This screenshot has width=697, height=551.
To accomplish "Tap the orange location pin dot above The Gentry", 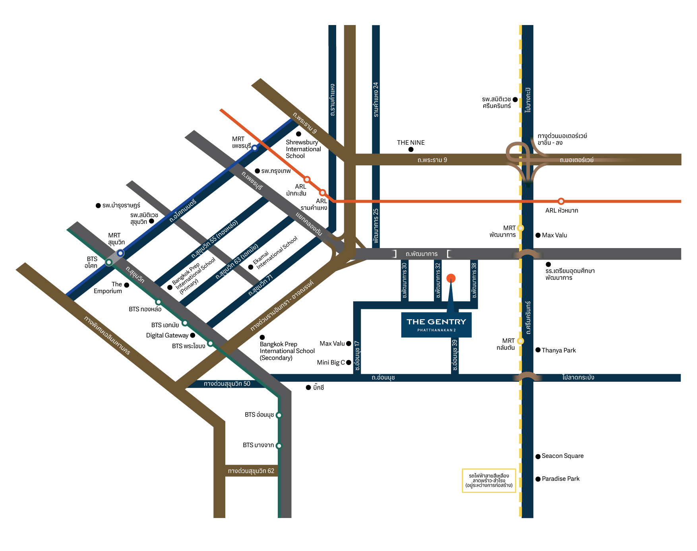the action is tap(451, 278).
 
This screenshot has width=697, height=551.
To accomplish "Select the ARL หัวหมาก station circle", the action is tap(561, 201).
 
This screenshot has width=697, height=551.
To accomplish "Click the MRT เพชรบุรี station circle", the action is tap(255, 148).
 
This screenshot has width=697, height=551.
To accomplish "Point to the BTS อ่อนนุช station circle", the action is tap(279, 415).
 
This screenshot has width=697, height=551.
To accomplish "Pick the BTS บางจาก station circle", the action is tap(279, 446).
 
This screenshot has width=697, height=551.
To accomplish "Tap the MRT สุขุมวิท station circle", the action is tap(120, 253).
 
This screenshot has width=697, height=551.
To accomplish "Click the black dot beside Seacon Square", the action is tap(538, 456).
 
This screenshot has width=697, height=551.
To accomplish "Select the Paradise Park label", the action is tap(561, 479).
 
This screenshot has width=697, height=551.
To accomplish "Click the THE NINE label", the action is tap(411, 142).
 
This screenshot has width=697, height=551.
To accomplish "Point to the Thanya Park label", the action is tap(559, 350).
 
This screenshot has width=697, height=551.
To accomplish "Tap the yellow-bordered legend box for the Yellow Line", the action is tap(489, 481).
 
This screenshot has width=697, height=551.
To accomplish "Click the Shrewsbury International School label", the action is tap(303, 149).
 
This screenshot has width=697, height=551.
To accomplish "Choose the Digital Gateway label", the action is tap(167, 336).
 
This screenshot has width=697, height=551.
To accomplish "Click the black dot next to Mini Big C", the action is tap(348, 363).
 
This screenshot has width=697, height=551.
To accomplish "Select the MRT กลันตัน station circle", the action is tap(521, 341).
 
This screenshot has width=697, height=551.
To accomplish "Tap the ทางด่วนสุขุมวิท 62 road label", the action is tap(251, 471).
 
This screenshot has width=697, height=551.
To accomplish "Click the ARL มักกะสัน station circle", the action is tap(307, 179).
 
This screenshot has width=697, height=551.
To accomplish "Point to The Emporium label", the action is tap(108, 287).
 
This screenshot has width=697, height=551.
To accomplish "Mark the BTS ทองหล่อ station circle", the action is tap(158, 302).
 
